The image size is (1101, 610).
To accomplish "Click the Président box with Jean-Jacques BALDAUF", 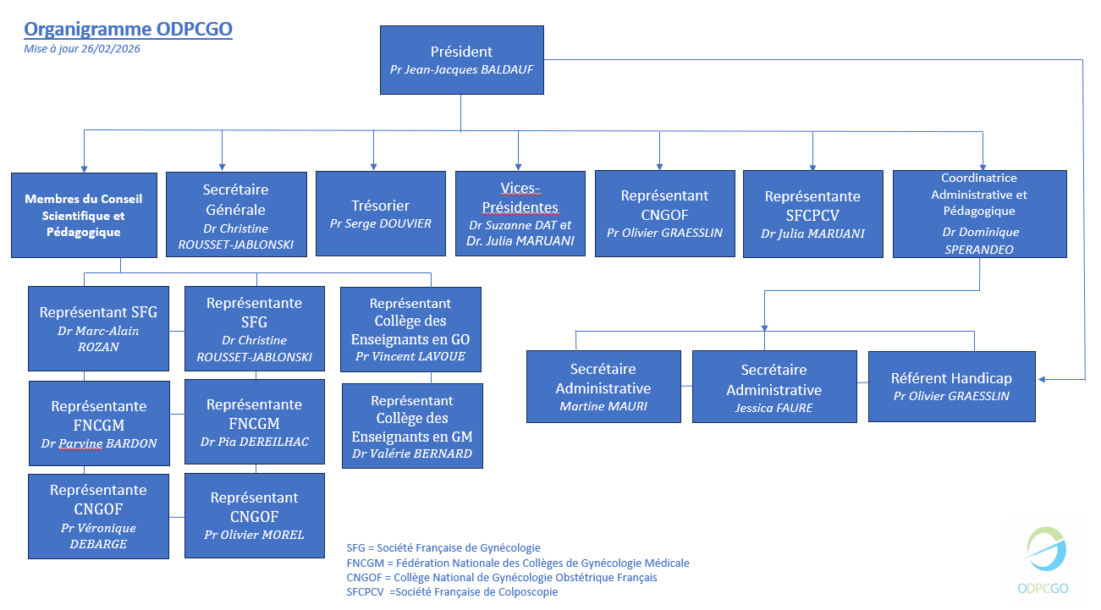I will [x=461, y=59].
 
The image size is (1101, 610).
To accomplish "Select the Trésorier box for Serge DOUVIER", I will [x=381, y=213].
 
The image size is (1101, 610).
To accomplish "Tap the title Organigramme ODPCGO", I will [x=128, y=30].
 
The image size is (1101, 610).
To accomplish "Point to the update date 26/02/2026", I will [x=82, y=49].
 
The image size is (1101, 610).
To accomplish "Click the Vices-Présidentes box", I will [x=520, y=213].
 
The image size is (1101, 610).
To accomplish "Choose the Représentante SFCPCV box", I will [x=812, y=213].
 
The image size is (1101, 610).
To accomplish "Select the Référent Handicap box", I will [x=951, y=387].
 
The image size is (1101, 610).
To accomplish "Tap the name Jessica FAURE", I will [x=773, y=408].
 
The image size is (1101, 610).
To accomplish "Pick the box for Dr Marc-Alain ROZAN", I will [x=99, y=328].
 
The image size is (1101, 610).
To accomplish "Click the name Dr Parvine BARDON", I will [x=99, y=443].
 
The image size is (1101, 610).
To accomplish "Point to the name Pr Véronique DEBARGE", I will [x=98, y=536].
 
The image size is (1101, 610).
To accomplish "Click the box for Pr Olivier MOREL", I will [x=254, y=515].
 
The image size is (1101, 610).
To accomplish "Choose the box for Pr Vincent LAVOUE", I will [x=410, y=329].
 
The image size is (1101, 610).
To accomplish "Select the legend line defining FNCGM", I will [x=517, y=563].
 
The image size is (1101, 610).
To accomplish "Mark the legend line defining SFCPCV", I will [x=452, y=592].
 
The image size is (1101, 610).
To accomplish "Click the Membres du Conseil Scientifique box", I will [x=84, y=215].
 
